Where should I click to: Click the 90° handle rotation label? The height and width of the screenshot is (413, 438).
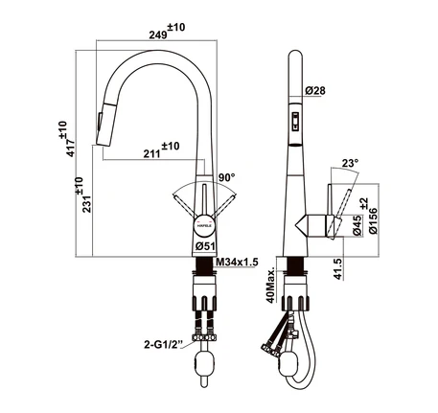[227, 177]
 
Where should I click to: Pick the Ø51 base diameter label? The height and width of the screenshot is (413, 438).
[205, 246]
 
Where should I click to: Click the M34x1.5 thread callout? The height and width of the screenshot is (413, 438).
[238, 263]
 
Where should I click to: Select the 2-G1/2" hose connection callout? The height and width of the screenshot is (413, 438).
[164, 345]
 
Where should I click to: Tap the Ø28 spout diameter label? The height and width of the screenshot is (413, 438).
[315, 91]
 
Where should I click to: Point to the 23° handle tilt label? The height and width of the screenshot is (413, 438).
[350, 164]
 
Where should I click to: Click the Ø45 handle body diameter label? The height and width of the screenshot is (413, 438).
[357, 225]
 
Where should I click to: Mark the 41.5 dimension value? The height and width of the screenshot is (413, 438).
[338, 269]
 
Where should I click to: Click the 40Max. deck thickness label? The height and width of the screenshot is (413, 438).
[271, 285]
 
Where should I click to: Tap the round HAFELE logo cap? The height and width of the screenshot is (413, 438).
[204, 226]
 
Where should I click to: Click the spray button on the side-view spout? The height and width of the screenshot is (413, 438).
[295, 122]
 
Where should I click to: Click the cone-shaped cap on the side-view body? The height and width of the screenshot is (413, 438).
[302, 225]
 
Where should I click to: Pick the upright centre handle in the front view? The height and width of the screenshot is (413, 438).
[204, 200]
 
